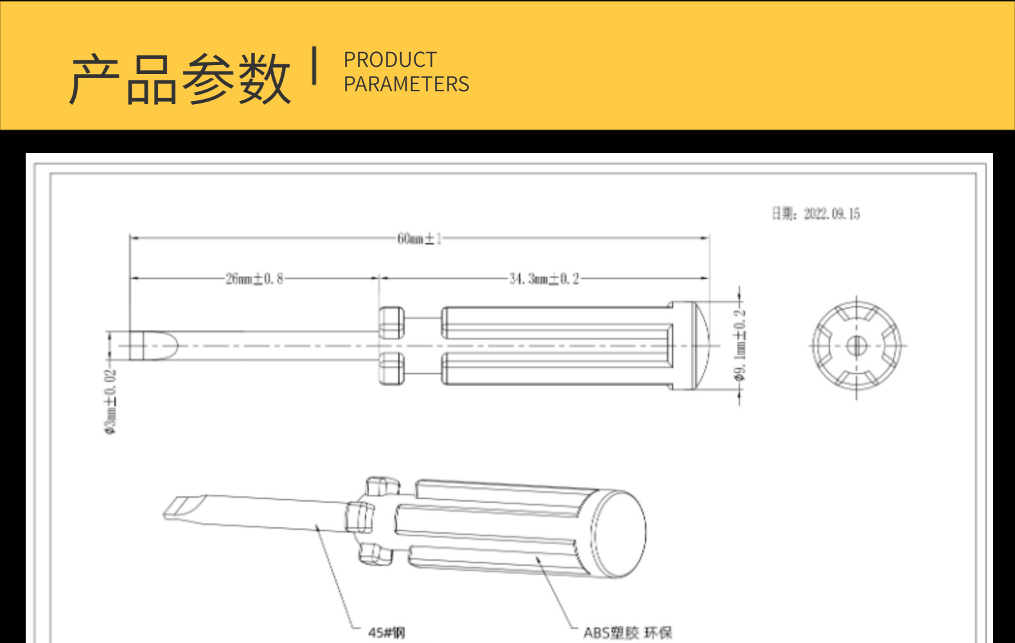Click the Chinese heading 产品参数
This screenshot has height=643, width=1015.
[180, 78]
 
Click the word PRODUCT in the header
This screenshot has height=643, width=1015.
[390, 60]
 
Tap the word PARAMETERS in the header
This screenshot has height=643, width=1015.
[406, 84]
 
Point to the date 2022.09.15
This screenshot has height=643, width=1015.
[831, 213]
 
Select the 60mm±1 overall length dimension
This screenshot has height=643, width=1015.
[419, 239]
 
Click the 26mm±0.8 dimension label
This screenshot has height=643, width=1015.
[254, 278]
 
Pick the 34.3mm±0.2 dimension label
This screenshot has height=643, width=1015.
[544, 278]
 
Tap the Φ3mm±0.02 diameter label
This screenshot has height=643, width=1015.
[111, 401]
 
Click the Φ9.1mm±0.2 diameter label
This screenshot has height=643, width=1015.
[740, 345]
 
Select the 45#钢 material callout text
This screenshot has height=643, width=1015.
[386, 633]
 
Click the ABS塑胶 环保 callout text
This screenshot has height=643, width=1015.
[627, 633]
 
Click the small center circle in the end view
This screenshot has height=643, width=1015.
[856, 346]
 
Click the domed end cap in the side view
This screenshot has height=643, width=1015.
[699, 346]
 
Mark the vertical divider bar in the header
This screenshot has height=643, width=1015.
[314, 66]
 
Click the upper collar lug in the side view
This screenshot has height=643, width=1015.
[391, 322]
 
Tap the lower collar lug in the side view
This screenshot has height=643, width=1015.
[391, 369]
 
